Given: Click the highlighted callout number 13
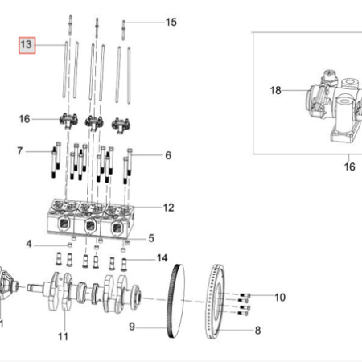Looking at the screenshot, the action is [27, 44].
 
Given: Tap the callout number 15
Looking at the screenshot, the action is [171, 22].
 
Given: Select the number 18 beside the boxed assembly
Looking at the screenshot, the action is [276, 90].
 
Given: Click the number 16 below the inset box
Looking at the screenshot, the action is [349, 167].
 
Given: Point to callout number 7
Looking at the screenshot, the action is [20, 151].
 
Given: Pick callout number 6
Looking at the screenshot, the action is [168, 155].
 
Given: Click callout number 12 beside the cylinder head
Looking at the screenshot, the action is [169, 208].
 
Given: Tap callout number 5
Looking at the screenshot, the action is [151, 238].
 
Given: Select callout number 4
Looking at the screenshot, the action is [29, 244].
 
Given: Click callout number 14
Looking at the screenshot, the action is [162, 258].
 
